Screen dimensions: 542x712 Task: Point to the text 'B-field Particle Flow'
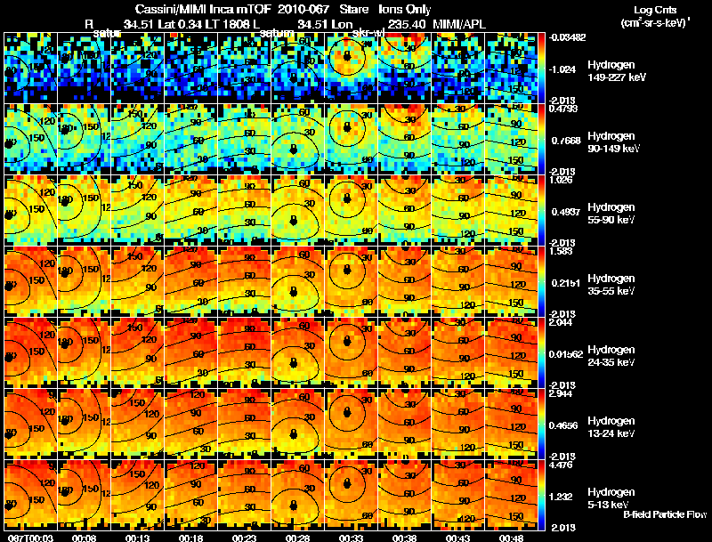pos(665,514)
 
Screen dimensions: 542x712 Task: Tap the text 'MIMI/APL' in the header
pos(459,23)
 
